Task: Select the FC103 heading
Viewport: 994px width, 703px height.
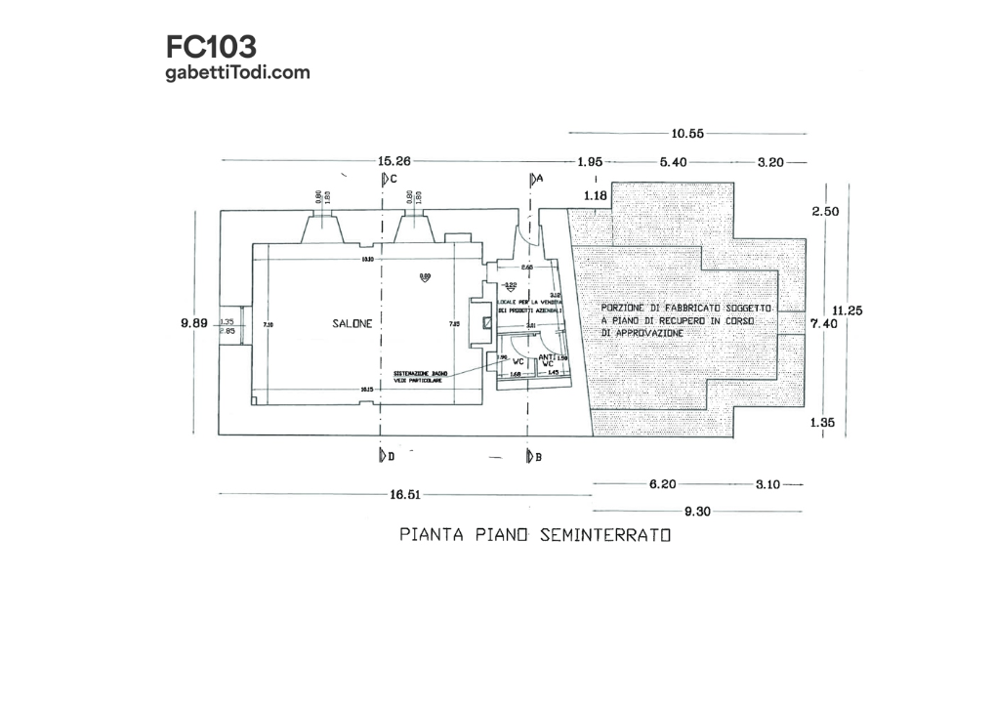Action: click(x=211, y=47)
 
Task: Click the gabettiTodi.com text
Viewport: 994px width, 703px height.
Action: click(x=238, y=71)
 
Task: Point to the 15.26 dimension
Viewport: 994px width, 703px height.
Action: click(x=395, y=161)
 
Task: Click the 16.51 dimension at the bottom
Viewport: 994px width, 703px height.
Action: click(x=405, y=495)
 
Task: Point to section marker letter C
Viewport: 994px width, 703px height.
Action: click(x=393, y=180)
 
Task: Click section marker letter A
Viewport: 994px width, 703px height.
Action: click(x=539, y=180)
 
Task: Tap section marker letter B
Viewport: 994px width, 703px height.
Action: click(x=538, y=456)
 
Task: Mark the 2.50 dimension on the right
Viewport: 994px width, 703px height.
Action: click(x=826, y=211)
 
